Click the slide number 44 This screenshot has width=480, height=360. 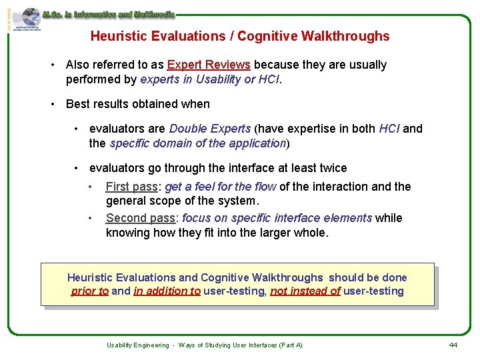pos(453,345)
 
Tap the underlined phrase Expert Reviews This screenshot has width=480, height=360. pos(209,65)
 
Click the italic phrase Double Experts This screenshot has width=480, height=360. pos(210,129)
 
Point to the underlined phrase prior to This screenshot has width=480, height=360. pos(90,291)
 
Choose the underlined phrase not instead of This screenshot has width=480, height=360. pos(305,291)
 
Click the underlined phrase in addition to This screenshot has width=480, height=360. pos(167,291)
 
